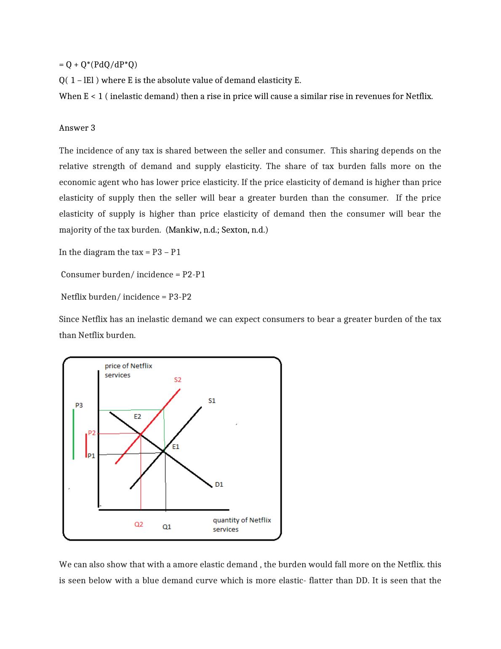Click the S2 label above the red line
click(x=178, y=380)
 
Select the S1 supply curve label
click(x=212, y=400)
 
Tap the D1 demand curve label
click(x=219, y=484)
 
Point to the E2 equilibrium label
click(x=137, y=416)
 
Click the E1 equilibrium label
click(x=176, y=446)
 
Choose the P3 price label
click(x=79, y=405)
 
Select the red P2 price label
click(x=91, y=433)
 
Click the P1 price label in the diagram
click(x=91, y=456)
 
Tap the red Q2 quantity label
click(x=139, y=524)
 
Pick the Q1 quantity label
click(x=167, y=526)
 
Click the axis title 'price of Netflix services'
click(x=128, y=370)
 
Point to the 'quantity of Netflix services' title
click(x=242, y=525)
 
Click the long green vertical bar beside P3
click(x=74, y=434)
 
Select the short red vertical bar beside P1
click(x=86, y=446)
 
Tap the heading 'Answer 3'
click(x=77, y=128)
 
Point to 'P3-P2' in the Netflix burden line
click(x=180, y=297)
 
